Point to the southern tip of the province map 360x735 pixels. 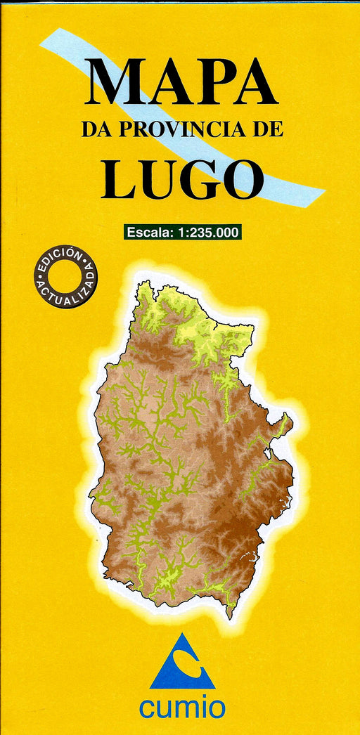point(229,616)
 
